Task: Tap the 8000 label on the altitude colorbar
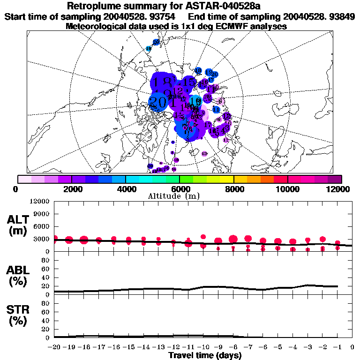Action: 233,189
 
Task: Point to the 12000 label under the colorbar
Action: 338,189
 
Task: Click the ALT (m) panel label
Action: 17,225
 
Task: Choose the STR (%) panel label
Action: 17,315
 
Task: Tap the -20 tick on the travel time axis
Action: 55,347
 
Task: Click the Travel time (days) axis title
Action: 205,356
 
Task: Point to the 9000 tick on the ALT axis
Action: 42,214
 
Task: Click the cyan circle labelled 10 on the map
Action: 196,101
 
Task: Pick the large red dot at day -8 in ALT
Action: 233,240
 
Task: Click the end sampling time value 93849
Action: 341,16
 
